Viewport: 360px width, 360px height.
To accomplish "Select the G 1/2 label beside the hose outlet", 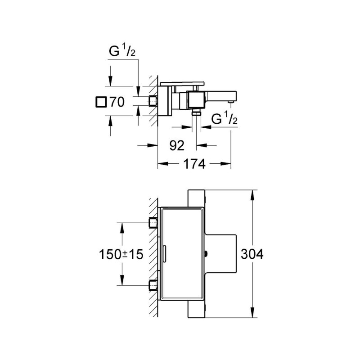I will (224, 119).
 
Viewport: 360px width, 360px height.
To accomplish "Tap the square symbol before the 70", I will (102, 102).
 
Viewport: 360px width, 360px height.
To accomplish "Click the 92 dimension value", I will (176, 145).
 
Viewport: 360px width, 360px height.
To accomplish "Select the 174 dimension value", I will (194, 164).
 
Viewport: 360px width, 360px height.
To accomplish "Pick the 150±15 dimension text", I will (120, 254).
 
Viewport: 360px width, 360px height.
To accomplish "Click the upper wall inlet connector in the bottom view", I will (153, 222).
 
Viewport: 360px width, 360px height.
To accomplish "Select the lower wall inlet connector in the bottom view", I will (153, 285).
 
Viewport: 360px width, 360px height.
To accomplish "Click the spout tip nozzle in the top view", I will (231, 102).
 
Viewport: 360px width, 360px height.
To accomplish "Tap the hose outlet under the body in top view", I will (196, 113).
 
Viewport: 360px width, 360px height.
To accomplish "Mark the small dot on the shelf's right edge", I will (206, 254).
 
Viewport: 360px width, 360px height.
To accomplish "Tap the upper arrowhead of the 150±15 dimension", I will (121, 225).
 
